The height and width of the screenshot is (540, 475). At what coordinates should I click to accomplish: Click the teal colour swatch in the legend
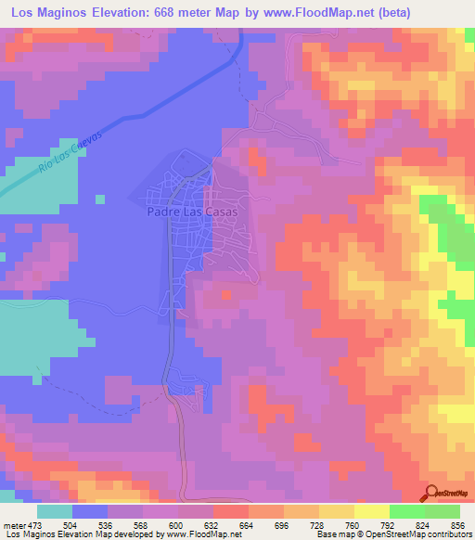(55, 511)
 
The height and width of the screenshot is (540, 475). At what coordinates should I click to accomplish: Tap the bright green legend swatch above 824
(407, 511)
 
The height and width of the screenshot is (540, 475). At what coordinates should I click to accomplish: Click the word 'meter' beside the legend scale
(12, 525)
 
